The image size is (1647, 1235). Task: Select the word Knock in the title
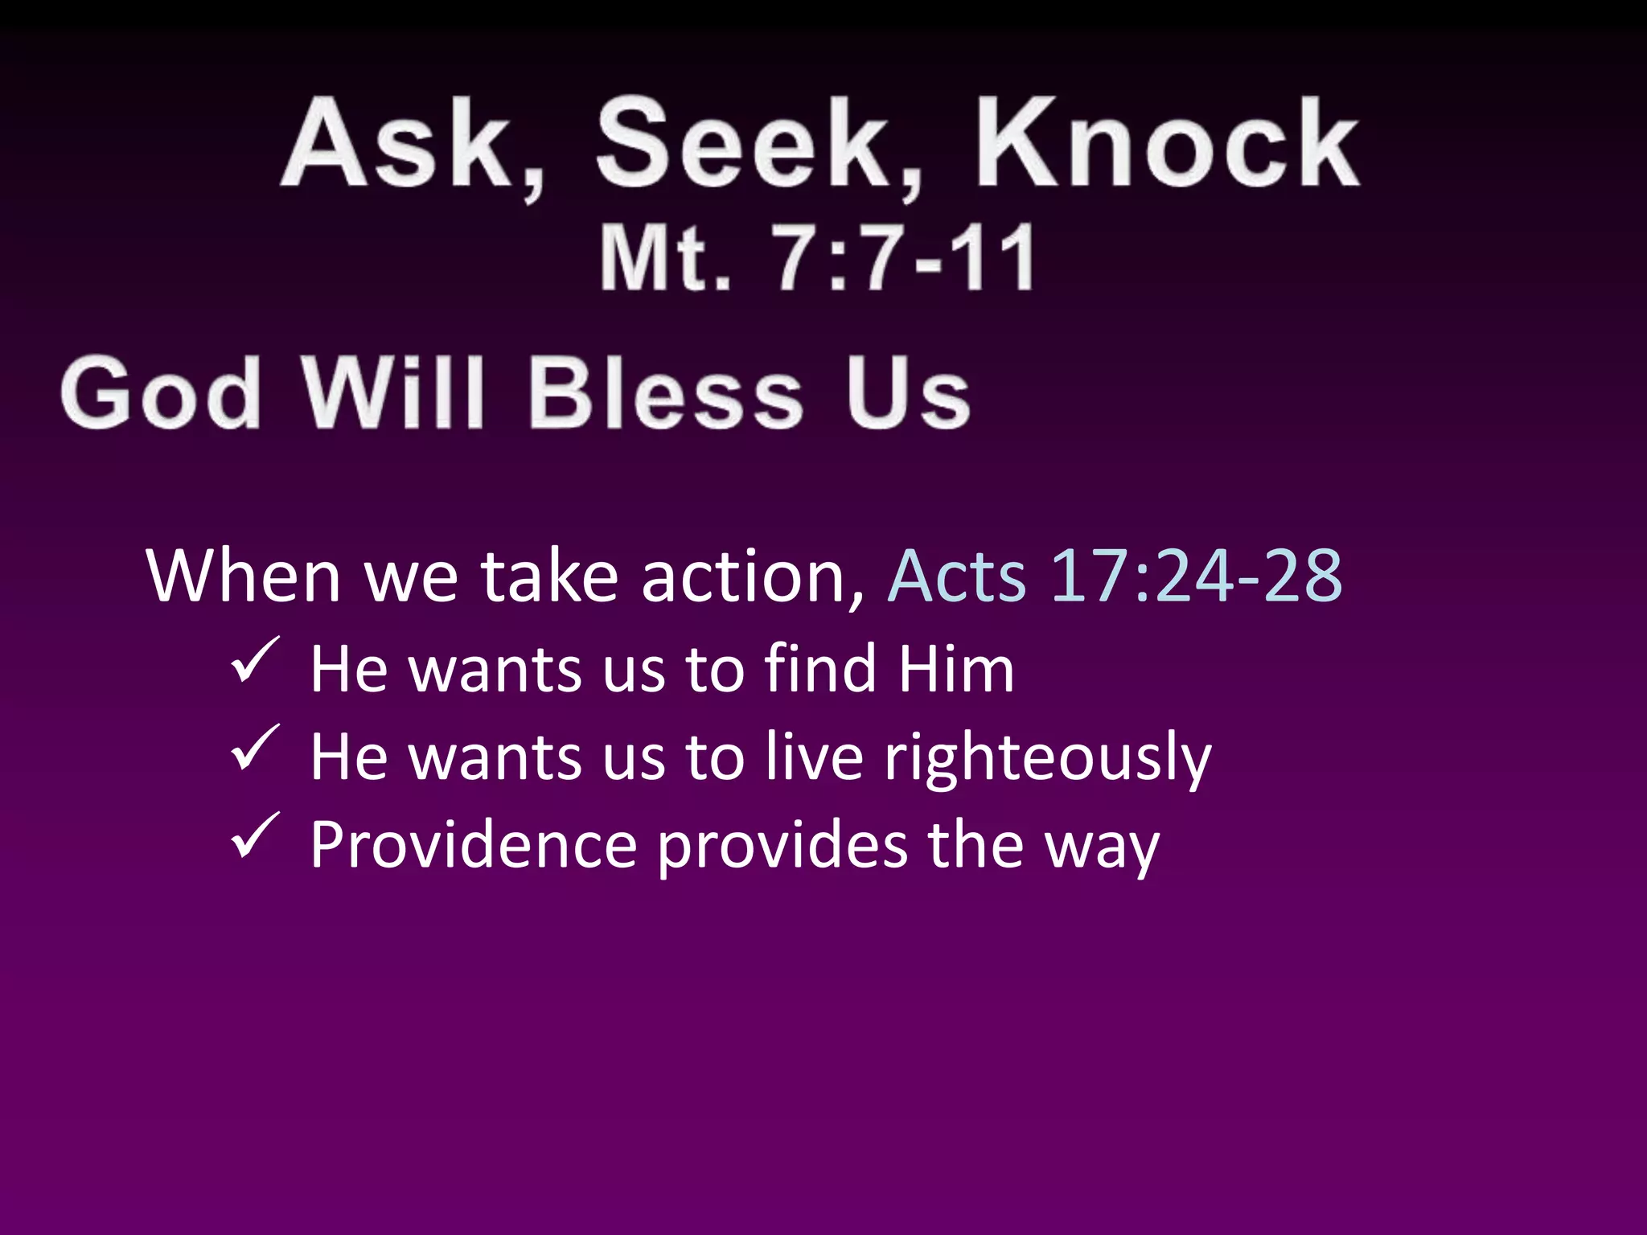(1166, 145)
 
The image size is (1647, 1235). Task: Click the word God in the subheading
(161, 394)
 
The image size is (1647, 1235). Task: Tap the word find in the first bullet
(819, 669)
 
